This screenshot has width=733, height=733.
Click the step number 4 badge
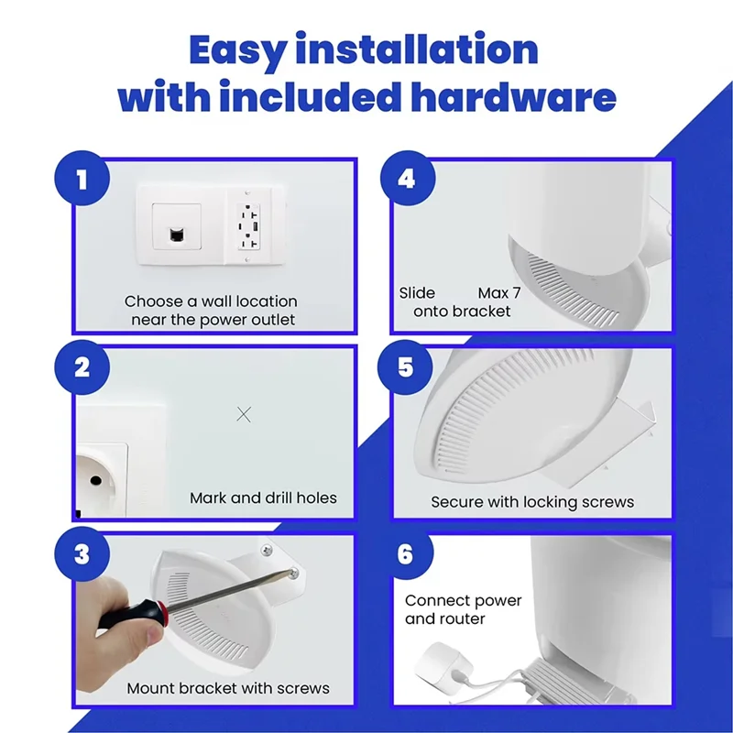405,178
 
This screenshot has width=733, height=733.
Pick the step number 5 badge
405,367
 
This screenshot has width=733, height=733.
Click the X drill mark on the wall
244,414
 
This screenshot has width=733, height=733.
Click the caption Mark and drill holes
263,498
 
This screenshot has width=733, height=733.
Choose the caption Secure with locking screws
532,502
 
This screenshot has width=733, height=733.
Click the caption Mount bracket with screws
228,688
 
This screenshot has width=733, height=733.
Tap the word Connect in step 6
437,601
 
